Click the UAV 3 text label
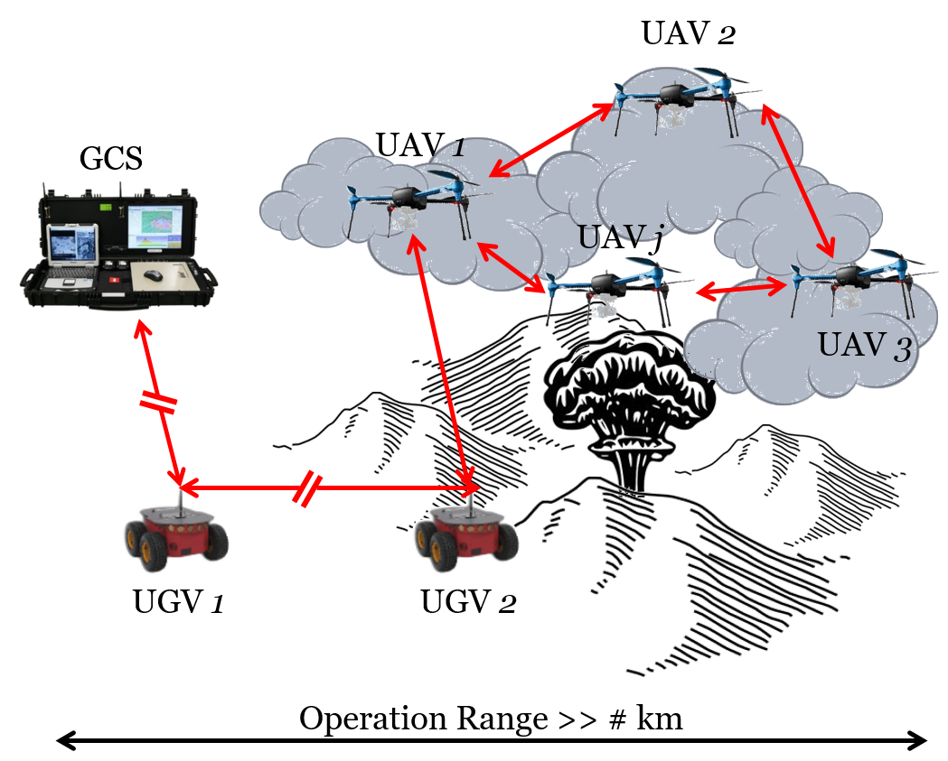click(863, 346)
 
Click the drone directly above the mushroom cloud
click(605, 287)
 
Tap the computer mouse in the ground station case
click(153, 274)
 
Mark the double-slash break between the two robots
click(308, 487)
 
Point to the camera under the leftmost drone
click(404, 221)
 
